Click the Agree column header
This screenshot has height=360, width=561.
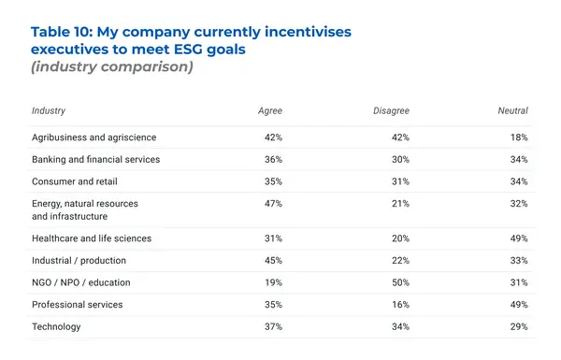[x=269, y=110]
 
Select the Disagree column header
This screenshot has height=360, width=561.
[x=390, y=110]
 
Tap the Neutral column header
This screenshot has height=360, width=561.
[x=512, y=110]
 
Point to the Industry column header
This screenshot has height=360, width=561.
[x=49, y=110]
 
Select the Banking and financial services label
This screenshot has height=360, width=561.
[x=95, y=159]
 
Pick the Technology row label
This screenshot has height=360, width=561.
[x=56, y=326]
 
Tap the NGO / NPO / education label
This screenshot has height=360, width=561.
[x=81, y=282]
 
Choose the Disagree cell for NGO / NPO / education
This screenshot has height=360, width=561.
[x=399, y=282]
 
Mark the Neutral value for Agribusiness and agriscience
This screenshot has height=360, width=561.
[x=519, y=137]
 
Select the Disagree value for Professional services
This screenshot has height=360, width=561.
[x=399, y=305]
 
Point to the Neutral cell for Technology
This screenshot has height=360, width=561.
[x=519, y=326]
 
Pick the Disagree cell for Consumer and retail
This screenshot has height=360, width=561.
[x=399, y=181]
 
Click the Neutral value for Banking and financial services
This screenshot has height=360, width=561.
[x=519, y=159]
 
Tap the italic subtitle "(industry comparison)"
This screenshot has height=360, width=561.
[x=111, y=67]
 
